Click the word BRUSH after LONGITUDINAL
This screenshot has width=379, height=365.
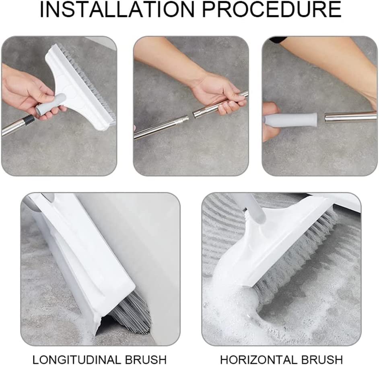(146, 359)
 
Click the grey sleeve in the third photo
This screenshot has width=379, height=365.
(290, 120)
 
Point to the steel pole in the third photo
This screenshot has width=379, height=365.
(350, 117)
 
